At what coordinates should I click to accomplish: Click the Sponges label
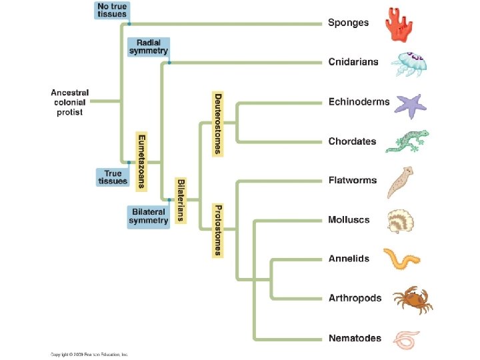coord(348,23)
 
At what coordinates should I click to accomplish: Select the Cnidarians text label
coord(353,62)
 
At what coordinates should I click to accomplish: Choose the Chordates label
coord(352,141)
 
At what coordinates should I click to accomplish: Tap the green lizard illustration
coord(409,141)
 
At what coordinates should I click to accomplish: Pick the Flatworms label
coord(353,180)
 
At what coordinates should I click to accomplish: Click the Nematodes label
coord(355,338)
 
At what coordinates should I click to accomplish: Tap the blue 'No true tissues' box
coord(111,11)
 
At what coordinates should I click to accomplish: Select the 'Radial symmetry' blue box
coord(149,47)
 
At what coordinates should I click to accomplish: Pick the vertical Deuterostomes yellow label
coord(217,124)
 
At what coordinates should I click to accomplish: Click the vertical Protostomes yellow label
coord(217,230)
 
